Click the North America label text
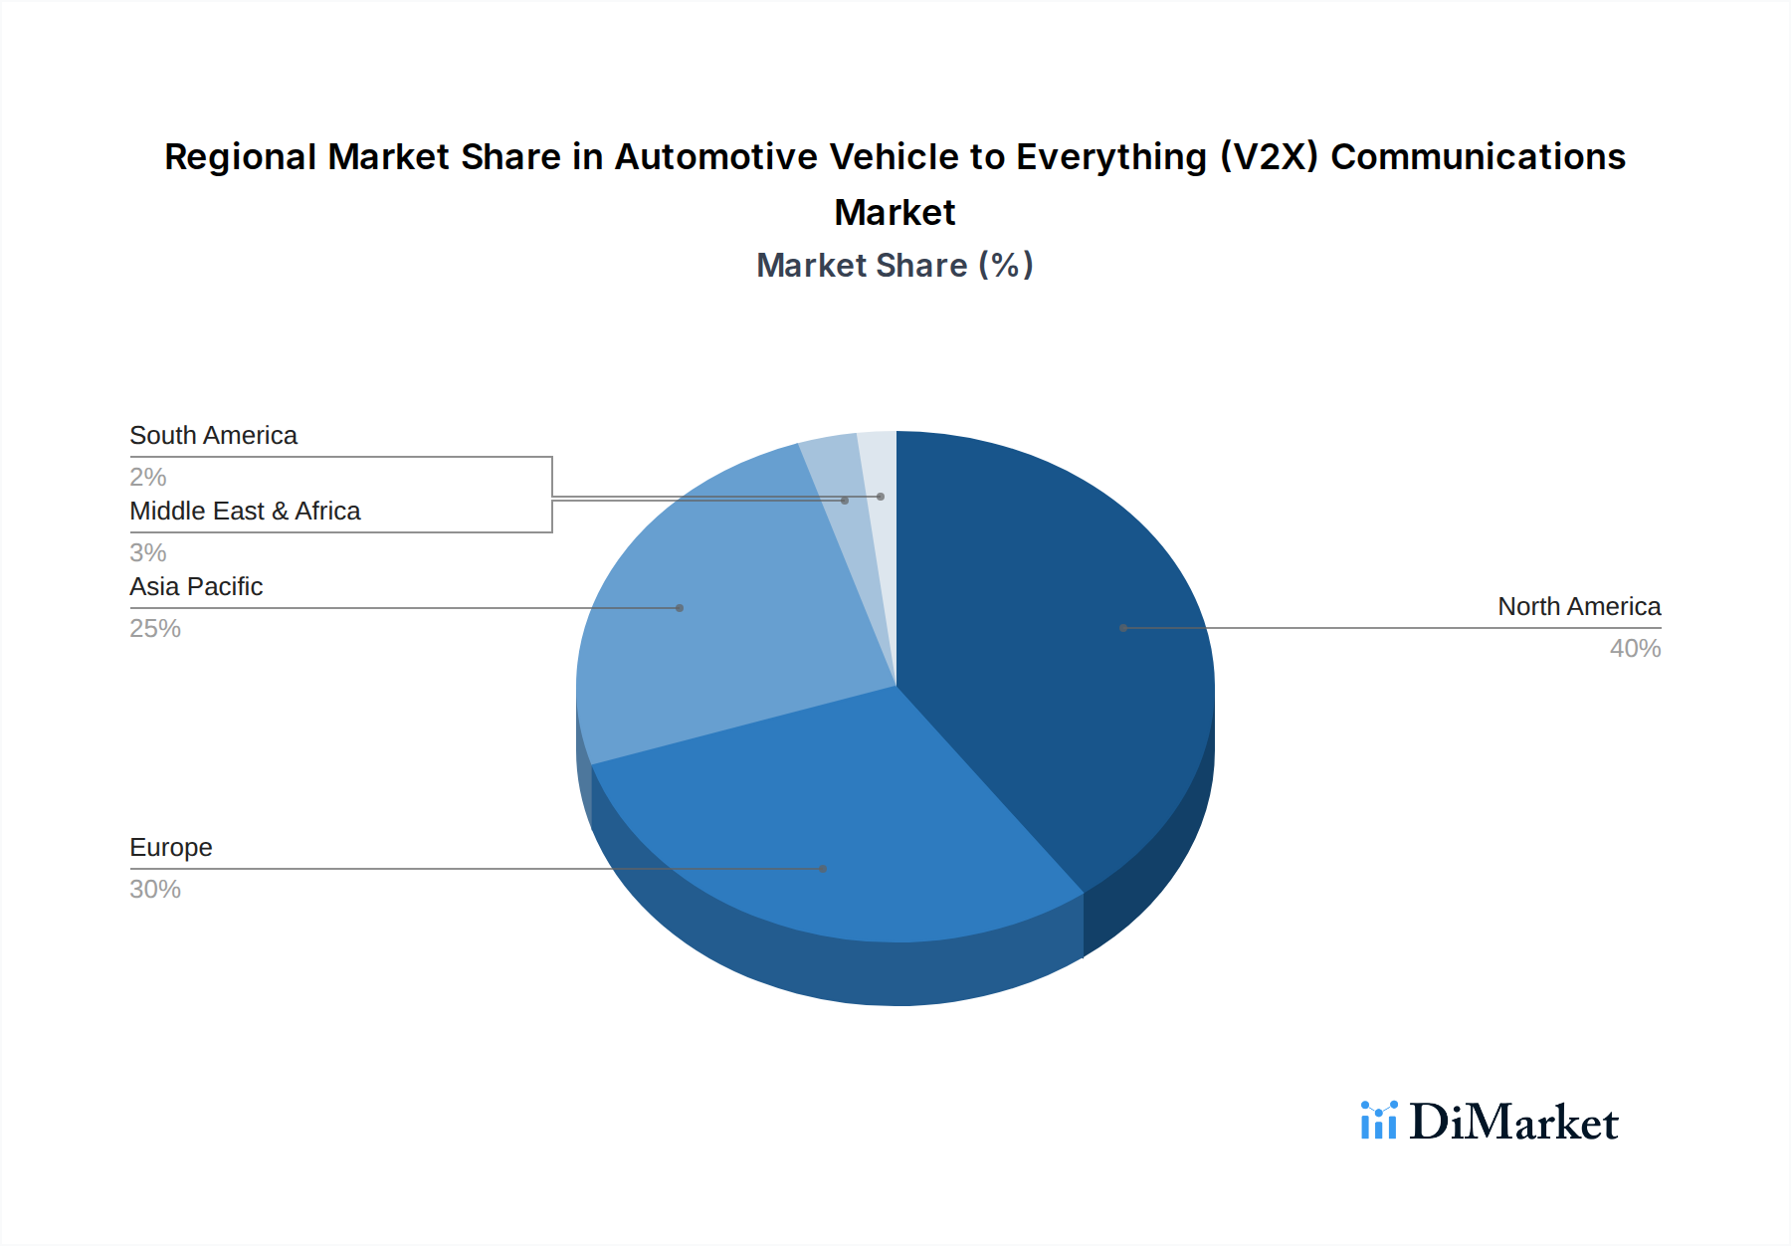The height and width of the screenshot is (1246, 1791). (1578, 606)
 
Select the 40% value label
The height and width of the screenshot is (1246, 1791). (1635, 648)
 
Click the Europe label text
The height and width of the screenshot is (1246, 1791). (171, 847)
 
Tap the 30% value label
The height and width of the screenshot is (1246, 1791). (155, 889)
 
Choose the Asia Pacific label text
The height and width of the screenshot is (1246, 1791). (196, 586)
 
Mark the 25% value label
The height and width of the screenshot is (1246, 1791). (155, 628)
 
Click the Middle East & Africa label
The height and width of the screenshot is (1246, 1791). (245, 511)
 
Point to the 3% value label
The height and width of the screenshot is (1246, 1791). (148, 552)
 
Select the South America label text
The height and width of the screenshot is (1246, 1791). (213, 435)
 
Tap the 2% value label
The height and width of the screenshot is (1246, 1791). (148, 477)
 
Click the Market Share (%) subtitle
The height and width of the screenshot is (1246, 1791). (895, 265)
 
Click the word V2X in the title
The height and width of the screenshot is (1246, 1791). (1269, 156)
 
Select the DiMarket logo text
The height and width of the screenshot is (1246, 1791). (1513, 1122)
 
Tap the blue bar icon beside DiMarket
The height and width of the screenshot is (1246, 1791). (1379, 1121)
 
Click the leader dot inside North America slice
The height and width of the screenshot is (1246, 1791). (1123, 628)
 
